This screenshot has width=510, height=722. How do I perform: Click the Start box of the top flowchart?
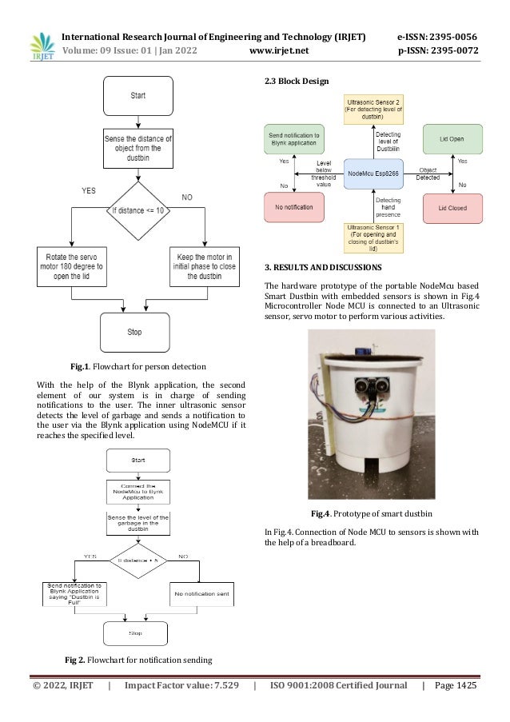tap(138, 95)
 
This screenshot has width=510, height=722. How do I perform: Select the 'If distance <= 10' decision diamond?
tap(138, 211)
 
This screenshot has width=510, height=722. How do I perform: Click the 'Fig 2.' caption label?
tap(77, 660)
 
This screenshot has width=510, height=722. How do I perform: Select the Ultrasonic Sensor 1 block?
tap(373, 237)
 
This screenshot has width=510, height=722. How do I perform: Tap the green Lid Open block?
tap(452, 138)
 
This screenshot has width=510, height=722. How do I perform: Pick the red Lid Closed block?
tap(452, 208)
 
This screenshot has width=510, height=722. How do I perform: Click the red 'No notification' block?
tap(293, 208)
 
